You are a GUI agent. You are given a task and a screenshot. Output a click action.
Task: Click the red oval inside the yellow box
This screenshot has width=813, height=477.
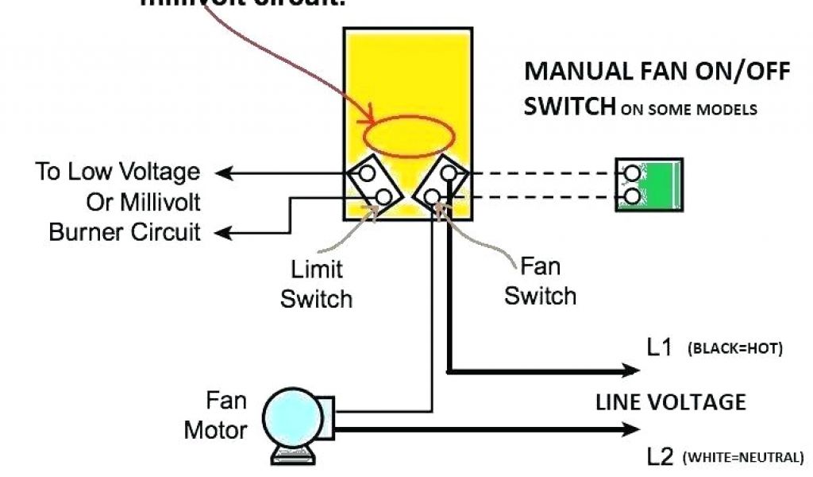[x=409, y=136]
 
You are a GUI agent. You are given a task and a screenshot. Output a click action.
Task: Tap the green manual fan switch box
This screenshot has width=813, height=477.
[x=649, y=184]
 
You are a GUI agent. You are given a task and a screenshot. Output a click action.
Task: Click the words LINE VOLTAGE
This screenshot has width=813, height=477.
[x=670, y=401]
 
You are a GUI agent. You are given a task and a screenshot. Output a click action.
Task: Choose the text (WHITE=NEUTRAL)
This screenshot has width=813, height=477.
[x=743, y=457]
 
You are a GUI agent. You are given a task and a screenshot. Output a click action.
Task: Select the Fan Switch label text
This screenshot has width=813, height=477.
[x=540, y=281]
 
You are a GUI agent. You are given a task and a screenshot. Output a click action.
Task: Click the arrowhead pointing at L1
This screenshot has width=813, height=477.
[x=631, y=370]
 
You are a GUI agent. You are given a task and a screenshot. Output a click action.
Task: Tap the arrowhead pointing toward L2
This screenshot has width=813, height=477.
[x=631, y=429]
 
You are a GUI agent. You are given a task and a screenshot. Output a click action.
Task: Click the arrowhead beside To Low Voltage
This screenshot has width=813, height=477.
[x=225, y=172]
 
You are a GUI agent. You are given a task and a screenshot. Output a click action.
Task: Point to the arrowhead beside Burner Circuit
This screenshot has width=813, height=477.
[x=225, y=233]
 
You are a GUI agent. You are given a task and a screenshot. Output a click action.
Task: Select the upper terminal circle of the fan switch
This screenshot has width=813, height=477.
[x=449, y=172]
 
